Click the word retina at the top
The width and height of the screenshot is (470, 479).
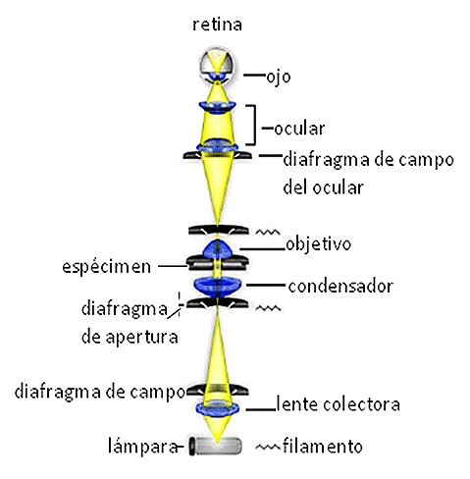point(217,25)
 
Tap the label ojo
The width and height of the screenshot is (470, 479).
point(279,78)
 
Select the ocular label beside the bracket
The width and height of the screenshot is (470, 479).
point(299,129)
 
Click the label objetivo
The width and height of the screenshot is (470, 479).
point(318,244)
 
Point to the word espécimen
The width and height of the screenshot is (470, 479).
point(107,267)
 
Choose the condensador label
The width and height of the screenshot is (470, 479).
point(340,287)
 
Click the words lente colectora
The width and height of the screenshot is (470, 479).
point(339,403)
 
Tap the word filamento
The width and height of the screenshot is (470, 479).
point(323,446)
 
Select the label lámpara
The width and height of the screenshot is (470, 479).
point(143,446)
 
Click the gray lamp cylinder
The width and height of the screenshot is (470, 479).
point(216,446)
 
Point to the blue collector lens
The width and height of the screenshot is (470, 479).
point(218,408)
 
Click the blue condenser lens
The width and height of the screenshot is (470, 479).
point(218,287)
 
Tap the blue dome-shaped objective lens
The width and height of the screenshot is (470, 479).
point(218,249)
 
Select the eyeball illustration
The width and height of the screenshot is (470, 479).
point(218,66)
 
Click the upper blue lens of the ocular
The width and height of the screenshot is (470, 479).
point(218,107)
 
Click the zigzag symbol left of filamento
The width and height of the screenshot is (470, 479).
point(268,447)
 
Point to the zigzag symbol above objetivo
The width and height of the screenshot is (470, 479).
point(268,232)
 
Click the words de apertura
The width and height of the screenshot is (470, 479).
point(130,337)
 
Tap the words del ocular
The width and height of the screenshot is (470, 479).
point(323,187)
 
